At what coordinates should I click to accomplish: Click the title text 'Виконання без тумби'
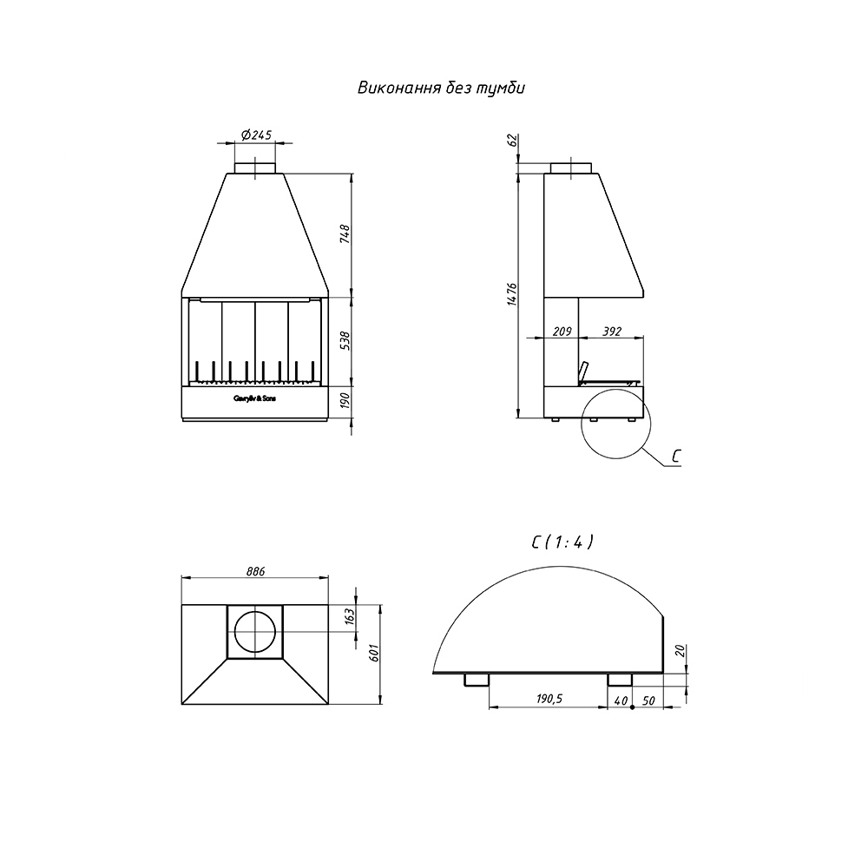point(441,89)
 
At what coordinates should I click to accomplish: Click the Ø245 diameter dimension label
point(256,135)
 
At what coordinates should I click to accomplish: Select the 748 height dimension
point(345,234)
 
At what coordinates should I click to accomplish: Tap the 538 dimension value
point(345,341)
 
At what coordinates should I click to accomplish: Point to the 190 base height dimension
point(345,399)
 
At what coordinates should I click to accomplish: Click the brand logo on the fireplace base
point(254,398)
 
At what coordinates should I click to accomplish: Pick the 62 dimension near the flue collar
point(512,141)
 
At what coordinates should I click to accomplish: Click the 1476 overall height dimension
point(511,294)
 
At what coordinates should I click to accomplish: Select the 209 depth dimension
point(562,332)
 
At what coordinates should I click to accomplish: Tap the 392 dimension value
point(612,332)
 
